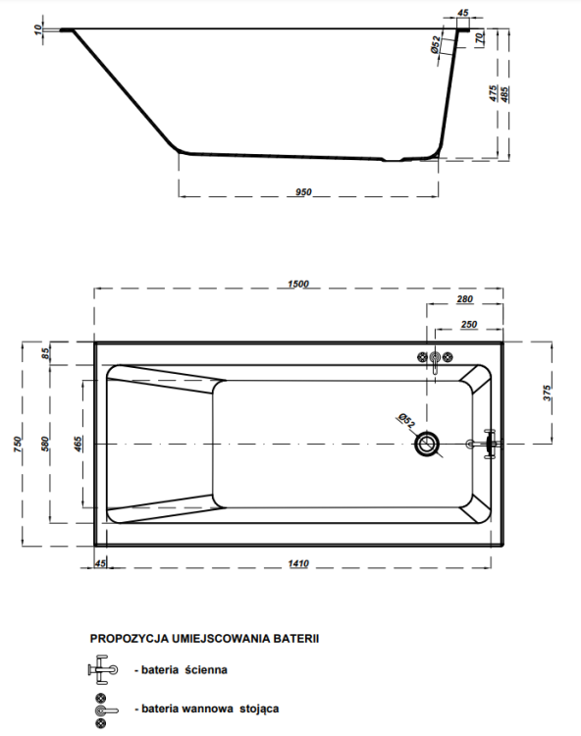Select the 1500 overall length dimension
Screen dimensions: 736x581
tap(298, 284)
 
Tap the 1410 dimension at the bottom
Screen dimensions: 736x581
tap(298, 562)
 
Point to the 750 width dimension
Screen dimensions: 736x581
tap(16, 445)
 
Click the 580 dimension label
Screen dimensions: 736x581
tap(44, 445)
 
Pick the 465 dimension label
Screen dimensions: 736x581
tap(78, 445)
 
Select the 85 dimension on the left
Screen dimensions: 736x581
tap(44, 352)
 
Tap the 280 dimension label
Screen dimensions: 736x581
tap(465, 298)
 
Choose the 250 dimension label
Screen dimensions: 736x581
tap(468, 324)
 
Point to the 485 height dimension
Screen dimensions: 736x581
tap(504, 94)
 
